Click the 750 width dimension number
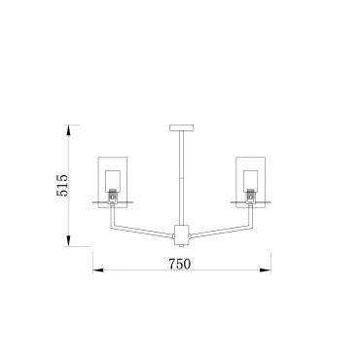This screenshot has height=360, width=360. (180, 264)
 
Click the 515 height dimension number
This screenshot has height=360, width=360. (62, 185)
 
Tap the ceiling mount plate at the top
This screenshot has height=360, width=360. (182, 127)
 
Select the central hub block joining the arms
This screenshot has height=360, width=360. (182, 234)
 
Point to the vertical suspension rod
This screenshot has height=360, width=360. (182, 178)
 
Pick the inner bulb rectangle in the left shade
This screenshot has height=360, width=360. (113, 181)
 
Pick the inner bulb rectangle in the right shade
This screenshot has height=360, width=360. (250, 181)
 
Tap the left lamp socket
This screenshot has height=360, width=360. (113, 197)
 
